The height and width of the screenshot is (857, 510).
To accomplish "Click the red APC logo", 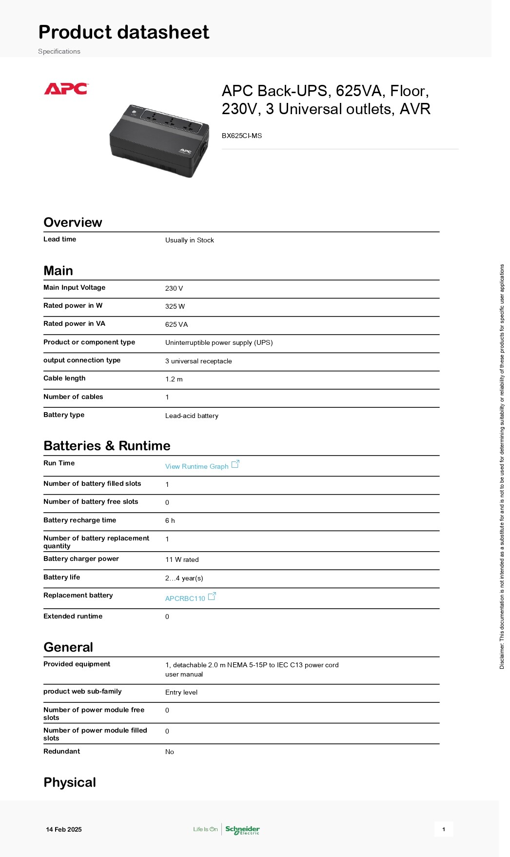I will click(x=66, y=89).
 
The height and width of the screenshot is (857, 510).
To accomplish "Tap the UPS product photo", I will click(x=159, y=140).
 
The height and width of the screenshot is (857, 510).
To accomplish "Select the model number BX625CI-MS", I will click(x=242, y=136).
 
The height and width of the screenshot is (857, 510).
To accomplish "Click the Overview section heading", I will click(x=73, y=222).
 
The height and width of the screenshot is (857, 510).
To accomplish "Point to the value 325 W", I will click(x=175, y=306).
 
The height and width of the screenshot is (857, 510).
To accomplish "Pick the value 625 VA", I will click(x=177, y=324).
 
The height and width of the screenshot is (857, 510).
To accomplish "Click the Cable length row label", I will click(x=64, y=378).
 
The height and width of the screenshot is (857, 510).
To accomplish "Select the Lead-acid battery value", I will click(x=192, y=416).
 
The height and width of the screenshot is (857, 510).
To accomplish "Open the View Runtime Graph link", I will click(x=197, y=466).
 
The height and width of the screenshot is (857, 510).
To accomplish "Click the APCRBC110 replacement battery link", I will click(x=185, y=598).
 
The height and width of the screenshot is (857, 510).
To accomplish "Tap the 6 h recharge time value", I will click(x=170, y=520).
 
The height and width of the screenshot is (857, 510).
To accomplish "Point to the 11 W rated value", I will click(x=182, y=559).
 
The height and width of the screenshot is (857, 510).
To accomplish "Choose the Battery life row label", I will click(x=62, y=577).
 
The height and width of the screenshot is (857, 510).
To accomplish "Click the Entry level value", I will click(x=181, y=692).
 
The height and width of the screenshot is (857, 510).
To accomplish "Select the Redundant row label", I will click(x=62, y=751).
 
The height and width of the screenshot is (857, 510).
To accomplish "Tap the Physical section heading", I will click(x=70, y=782).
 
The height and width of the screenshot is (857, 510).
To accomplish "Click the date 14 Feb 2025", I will click(x=64, y=829).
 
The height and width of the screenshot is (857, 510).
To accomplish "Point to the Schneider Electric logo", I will click(x=242, y=829).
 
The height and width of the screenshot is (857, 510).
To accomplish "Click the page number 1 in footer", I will click(x=444, y=829).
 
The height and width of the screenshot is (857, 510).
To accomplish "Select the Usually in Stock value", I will click(x=190, y=240).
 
